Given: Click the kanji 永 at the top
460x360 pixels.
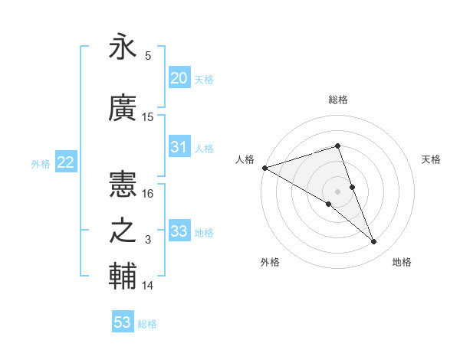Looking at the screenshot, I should click(x=123, y=47).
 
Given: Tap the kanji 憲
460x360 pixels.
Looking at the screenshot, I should click(x=123, y=185).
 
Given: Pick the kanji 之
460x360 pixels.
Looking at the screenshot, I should click(x=123, y=231).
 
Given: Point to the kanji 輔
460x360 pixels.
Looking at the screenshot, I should click(x=123, y=277).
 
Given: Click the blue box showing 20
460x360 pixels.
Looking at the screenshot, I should click(x=179, y=78).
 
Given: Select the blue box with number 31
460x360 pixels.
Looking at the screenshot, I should click(x=179, y=147).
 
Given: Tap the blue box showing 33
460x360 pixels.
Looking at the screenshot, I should click(x=179, y=231).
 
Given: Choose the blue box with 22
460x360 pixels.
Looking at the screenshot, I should click(x=65, y=162).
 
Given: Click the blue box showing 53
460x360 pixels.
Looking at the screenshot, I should click(x=123, y=322).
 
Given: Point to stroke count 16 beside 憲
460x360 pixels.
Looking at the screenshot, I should click(x=149, y=194).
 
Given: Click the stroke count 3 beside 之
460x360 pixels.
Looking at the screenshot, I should click(x=149, y=240).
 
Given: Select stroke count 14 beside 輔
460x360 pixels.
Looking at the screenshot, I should click(x=149, y=286).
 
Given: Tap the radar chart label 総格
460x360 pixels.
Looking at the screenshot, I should click(x=337, y=100).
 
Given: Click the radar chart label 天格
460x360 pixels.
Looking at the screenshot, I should click(x=432, y=159).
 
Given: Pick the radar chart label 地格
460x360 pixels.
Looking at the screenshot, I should click(x=402, y=262).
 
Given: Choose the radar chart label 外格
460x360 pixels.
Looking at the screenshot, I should click(x=270, y=262).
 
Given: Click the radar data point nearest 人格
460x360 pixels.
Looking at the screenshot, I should click(x=264, y=168).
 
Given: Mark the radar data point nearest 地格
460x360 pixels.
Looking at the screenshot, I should click(x=374, y=242).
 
